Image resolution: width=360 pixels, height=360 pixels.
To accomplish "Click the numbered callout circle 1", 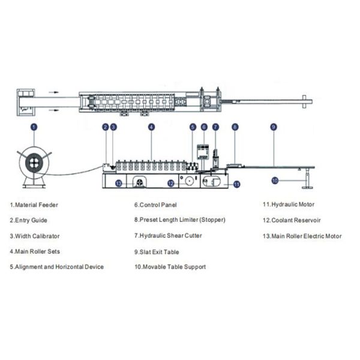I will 34,127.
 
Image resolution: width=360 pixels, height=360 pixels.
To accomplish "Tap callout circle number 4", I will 152,127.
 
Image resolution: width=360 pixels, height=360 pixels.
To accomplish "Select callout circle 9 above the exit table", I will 273,127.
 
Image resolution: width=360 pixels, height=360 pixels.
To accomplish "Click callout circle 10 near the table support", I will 275,180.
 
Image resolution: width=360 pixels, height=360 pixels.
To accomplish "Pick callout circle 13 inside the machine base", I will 119,183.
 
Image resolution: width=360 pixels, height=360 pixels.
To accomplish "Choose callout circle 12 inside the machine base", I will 171,183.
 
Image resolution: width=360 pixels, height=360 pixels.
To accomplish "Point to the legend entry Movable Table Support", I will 170,267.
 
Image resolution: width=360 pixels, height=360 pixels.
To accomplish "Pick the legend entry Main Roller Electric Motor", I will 302,236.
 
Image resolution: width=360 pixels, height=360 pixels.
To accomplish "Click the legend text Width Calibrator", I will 35,236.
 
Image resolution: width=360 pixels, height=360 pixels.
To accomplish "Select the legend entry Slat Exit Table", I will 157,252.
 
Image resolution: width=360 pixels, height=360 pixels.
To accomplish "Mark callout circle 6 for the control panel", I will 204,127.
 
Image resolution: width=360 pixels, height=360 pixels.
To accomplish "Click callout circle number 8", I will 235,127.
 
